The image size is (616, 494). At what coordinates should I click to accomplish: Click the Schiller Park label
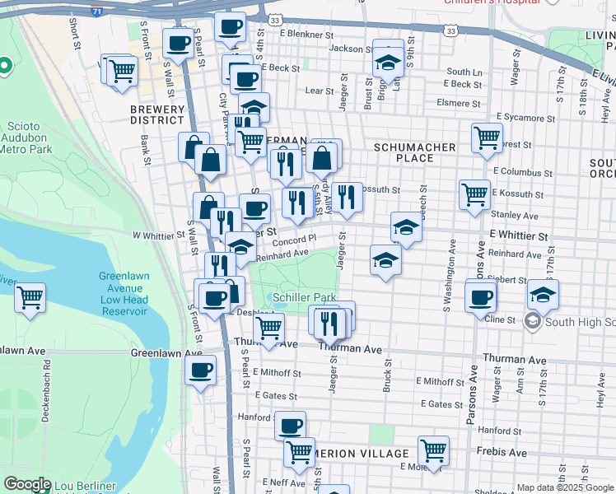[x=305, y=296]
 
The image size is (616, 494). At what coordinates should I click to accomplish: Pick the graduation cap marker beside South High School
[x=543, y=295]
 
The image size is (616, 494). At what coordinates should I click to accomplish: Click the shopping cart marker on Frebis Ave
[x=433, y=450]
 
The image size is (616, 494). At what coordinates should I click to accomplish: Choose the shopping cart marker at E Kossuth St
[x=474, y=195]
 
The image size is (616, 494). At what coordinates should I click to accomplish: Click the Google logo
[x=28, y=484]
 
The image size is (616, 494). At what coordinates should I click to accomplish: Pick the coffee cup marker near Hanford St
[x=290, y=426]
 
